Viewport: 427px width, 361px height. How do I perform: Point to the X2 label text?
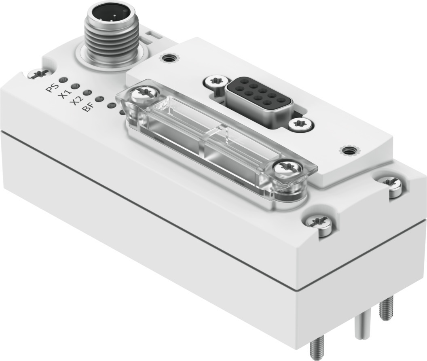(x=77, y=101)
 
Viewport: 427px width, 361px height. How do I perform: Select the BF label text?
(x=88, y=107)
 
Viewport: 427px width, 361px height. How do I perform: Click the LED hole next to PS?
(x=63, y=80)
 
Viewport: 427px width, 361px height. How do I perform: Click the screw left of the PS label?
(x=39, y=74)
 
